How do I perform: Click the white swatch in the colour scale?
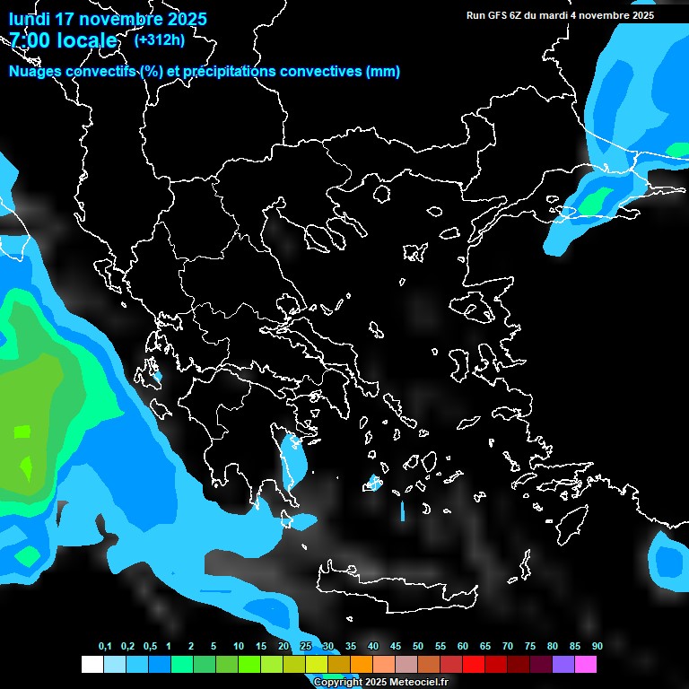92,664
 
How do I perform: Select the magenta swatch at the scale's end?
586,664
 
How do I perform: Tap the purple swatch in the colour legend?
563,664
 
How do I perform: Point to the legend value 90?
597,646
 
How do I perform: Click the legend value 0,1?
105,646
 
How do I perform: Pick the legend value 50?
418,646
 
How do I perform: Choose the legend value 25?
306,646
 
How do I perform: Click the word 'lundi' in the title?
31,19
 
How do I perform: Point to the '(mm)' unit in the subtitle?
383,72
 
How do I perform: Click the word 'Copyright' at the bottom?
337,683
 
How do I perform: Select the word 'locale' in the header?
88,40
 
